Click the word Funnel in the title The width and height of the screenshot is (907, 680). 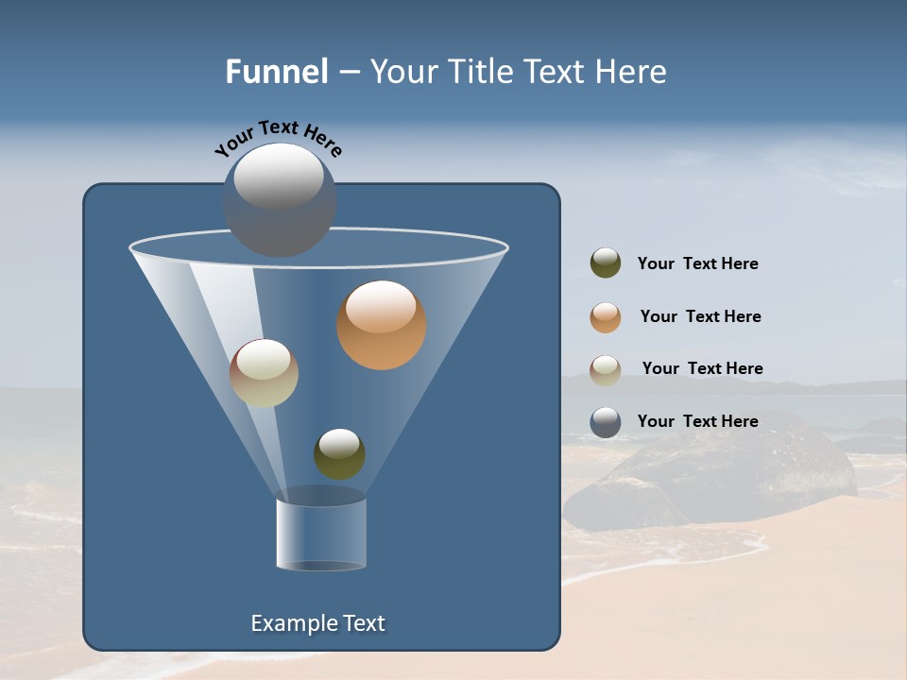tap(276, 72)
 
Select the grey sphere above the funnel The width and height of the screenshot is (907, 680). tap(279, 200)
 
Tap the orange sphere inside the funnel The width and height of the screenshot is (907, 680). tap(381, 326)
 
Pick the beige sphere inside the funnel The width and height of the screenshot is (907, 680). tap(264, 373)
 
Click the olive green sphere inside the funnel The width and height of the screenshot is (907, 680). tap(339, 454)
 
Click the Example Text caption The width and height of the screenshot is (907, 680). tap(317, 623)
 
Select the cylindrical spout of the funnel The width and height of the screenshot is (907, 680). tap(321, 534)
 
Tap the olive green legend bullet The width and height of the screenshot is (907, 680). tap(606, 263)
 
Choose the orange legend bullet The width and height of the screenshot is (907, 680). tap(606, 316)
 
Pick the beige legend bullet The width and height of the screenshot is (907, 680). tap(606, 369)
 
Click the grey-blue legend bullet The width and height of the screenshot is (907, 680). tap(606, 422)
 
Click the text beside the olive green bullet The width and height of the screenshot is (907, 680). tap(697, 264)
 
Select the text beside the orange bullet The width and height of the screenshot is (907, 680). tap(700, 317)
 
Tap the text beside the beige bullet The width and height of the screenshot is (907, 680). tap(702, 369)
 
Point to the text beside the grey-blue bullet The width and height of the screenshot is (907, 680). tap(697, 422)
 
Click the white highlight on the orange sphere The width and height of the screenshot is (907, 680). tap(381, 307)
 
